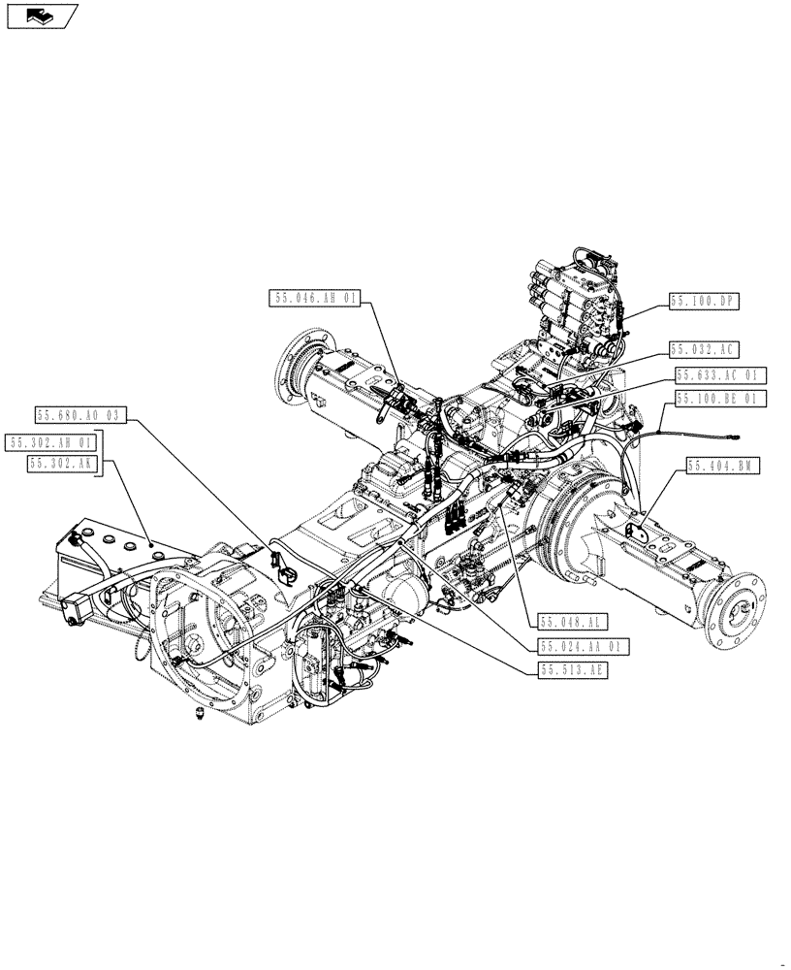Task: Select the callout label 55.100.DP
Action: (x=704, y=302)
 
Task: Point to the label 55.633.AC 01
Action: (x=720, y=374)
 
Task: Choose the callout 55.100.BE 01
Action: (x=720, y=398)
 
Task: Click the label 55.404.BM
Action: (x=723, y=467)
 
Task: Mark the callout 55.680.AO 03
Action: (x=80, y=415)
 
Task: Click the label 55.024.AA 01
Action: (x=585, y=646)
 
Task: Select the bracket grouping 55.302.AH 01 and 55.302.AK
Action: (x=105, y=454)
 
